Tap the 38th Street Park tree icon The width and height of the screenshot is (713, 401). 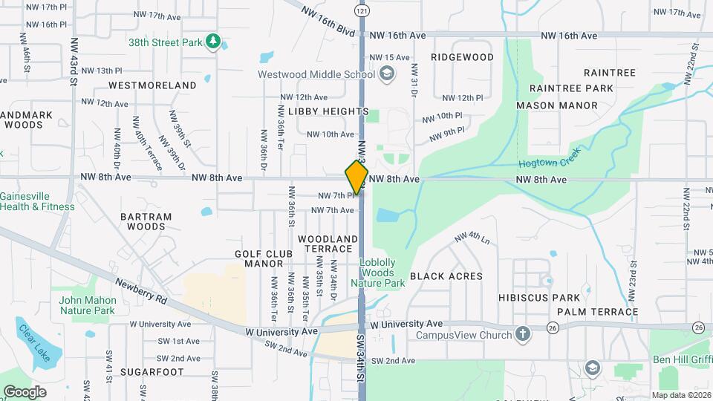[x=213, y=42]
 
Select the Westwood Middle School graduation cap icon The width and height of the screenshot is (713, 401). [x=386, y=74]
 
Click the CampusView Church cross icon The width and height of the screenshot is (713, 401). [x=523, y=334]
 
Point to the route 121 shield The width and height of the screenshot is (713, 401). [x=361, y=11]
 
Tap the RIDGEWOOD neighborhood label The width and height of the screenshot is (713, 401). [x=462, y=57]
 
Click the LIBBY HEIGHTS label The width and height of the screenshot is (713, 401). [x=328, y=111]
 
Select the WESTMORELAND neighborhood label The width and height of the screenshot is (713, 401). [x=152, y=85]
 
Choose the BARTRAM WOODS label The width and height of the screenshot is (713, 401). [x=146, y=221]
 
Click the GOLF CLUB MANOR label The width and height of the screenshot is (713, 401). [x=259, y=258]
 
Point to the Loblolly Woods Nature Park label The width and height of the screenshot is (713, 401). [x=382, y=273]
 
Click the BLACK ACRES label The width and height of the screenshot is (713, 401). [x=446, y=276]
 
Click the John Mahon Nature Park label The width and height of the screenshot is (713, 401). [x=88, y=305]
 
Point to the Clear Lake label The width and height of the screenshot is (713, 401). [x=34, y=343]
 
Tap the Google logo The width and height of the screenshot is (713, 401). [x=25, y=391]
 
